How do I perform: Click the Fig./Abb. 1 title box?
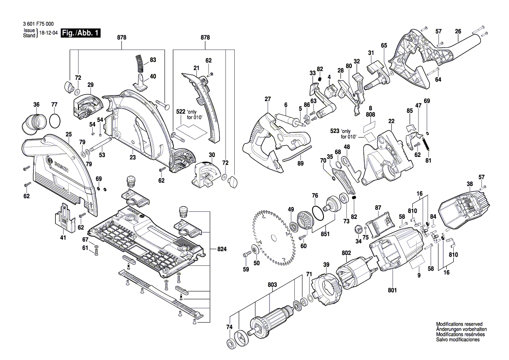[x=81, y=33]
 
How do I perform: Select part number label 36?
[x=36, y=104]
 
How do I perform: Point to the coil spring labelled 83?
[x=139, y=64]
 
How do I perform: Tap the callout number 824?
[x=222, y=249]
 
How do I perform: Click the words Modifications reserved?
[x=459, y=324]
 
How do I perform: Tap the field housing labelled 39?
[x=326, y=289]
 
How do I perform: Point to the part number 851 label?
[x=324, y=233]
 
